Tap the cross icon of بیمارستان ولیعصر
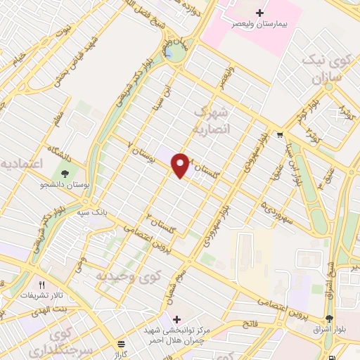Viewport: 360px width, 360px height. click(259, 13)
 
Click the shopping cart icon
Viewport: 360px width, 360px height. click(280, 135)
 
